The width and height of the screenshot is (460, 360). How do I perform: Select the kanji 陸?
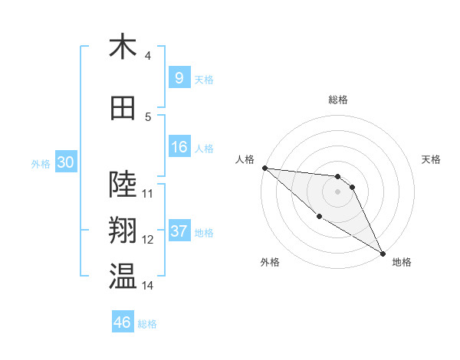(123, 185)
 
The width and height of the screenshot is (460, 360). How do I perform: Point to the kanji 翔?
(123, 231)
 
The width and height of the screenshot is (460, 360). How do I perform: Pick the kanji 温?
(123, 277)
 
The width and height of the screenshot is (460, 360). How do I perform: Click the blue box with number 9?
(179, 77)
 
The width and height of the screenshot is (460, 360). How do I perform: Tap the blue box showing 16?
(179, 147)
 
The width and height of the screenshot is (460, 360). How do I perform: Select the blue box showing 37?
(179, 231)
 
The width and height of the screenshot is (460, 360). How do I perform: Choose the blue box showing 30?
(64, 162)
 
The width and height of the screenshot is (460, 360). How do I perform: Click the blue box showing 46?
(122, 322)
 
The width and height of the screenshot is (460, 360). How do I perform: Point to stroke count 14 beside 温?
(148, 286)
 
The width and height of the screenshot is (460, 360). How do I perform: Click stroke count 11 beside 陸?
(148, 193)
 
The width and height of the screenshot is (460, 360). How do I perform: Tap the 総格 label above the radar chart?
(337, 100)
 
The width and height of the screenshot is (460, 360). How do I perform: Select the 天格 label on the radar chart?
(432, 159)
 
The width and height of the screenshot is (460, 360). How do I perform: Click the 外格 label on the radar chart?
(269, 262)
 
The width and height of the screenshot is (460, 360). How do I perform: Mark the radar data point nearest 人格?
(264, 168)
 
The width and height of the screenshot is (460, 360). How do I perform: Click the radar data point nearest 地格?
(383, 254)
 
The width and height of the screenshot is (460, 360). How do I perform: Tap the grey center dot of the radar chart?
(337, 191)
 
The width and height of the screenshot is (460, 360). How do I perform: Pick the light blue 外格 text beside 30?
(40, 163)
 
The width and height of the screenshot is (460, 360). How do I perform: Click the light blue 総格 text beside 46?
(147, 324)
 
